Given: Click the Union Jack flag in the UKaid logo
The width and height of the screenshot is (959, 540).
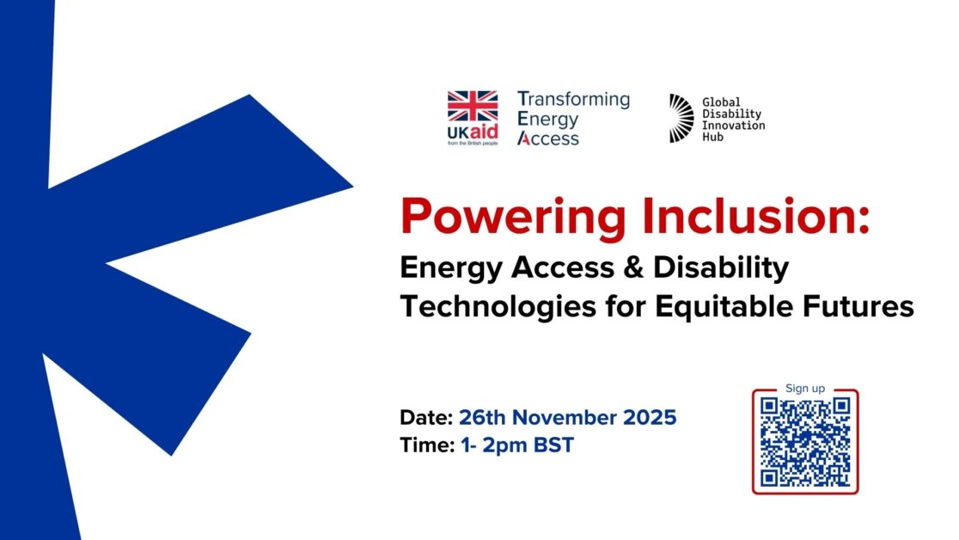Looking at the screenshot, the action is click(x=472, y=106).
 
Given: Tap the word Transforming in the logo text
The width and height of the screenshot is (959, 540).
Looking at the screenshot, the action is click(x=573, y=99).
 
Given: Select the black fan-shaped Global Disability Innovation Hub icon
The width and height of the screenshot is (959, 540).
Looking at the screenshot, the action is click(x=681, y=118).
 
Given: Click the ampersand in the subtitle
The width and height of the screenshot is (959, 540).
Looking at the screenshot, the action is click(x=634, y=267).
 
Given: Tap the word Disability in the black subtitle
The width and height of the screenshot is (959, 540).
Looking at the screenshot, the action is click(x=721, y=268).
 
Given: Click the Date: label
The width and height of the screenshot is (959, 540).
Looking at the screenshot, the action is click(x=426, y=418).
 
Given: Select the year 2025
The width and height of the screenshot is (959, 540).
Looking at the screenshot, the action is click(x=650, y=418).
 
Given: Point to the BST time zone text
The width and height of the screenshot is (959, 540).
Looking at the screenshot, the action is click(x=553, y=445).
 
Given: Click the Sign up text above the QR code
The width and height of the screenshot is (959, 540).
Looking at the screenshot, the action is click(x=805, y=388).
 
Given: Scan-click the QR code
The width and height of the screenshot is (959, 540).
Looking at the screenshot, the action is click(x=805, y=442).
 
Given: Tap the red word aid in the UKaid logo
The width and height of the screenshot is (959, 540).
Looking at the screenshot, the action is click(x=484, y=132).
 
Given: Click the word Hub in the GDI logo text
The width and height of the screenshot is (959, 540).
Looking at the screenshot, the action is click(x=712, y=137).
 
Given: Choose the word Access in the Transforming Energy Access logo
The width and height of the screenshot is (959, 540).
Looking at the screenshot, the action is click(x=548, y=138).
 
